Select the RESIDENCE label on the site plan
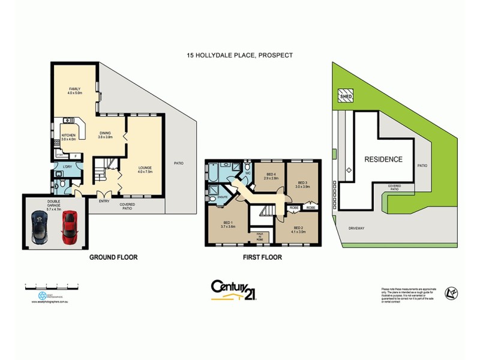(383, 159)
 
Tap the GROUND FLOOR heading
(113, 257)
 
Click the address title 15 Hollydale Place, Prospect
(239, 55)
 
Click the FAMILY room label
(74, 89)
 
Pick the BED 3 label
(301, 182)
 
